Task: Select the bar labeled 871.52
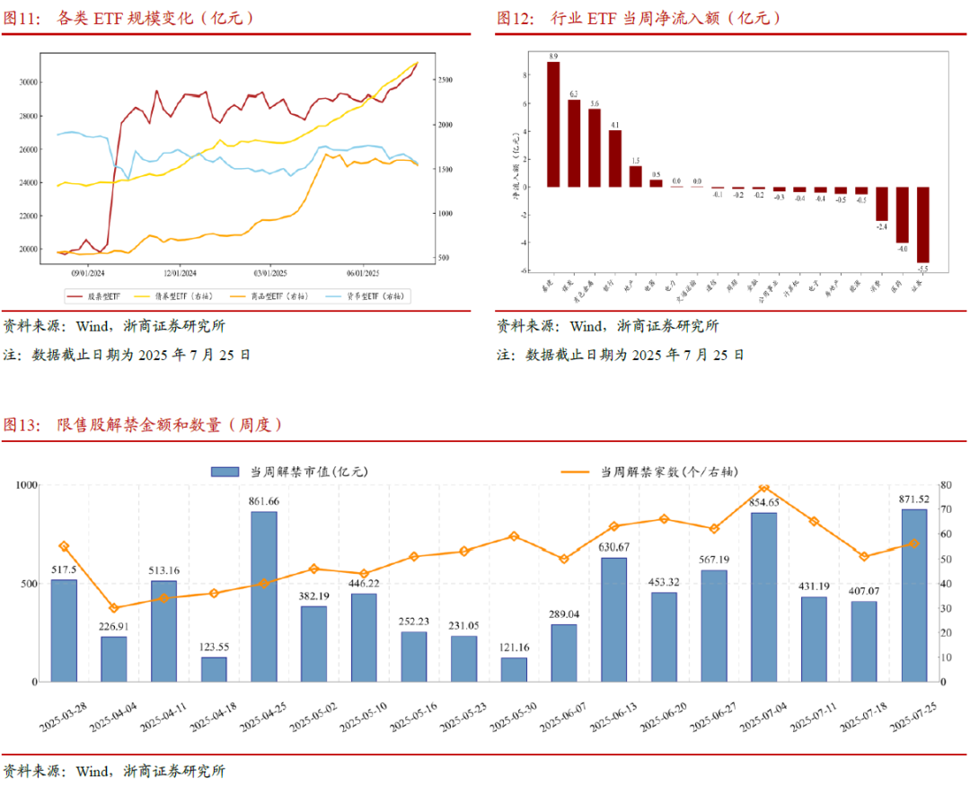click(x=914, y=595)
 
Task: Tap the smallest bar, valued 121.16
click(x=514, y=669)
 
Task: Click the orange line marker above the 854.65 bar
click(x=764, y=488)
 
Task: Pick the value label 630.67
click(x=614, y=547)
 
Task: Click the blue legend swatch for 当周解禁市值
click(x=225, y=471)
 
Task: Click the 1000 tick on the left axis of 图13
click(x=26, y=485)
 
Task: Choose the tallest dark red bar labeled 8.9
click(x=553, y=124)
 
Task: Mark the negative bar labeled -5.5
click(x=922, y=225)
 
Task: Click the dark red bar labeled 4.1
click(x=615, y=158)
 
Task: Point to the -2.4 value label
click(x=881, y=226)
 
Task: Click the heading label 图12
click(x=516, y=17)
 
